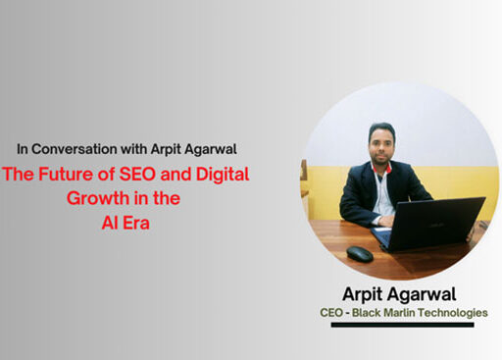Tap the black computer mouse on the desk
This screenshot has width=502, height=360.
tap(360, 254)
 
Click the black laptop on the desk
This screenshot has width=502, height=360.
tap(428, 223)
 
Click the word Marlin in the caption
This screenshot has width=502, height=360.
tap(407, 313)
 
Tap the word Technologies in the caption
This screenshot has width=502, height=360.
tap(458, 313)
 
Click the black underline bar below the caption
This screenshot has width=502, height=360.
tap(402, 325)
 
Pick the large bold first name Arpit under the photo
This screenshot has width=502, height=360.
tap(368, 294)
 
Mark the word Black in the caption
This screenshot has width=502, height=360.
tap(373, 313)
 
